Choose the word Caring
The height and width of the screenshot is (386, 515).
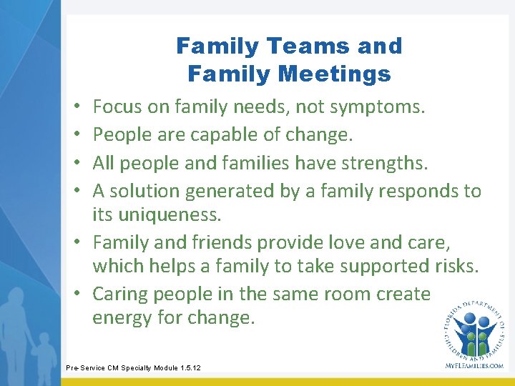point(118,294)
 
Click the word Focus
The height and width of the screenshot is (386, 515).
point(117,107)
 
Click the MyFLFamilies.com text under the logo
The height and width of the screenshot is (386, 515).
point(474,365)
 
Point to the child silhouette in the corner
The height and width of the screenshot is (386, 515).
point(44,350)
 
